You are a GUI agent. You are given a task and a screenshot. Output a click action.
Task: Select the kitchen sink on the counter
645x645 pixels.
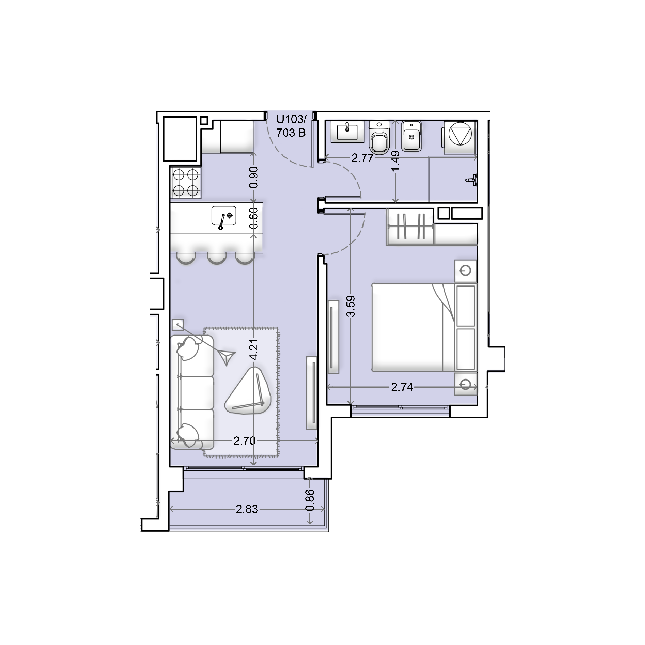coord(224,218)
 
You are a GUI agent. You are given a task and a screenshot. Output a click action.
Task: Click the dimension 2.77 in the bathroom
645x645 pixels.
coord(363,158)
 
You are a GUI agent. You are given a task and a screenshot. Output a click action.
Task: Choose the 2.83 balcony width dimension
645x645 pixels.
coord(247,509)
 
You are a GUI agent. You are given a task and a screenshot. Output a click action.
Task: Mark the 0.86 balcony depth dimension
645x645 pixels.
coord(310,500)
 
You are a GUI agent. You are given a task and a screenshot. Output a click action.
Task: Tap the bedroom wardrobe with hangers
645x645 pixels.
coord(411,227)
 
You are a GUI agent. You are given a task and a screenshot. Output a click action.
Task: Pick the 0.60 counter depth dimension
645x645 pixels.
coord(254,218)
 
